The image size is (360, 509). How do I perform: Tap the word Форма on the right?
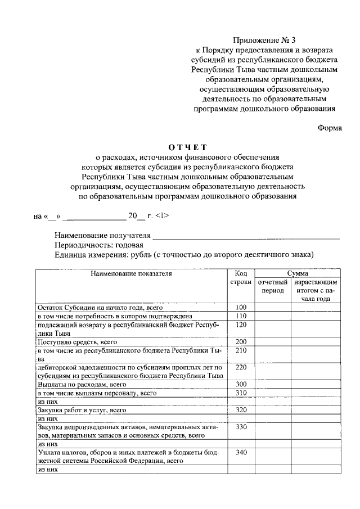(330, 128)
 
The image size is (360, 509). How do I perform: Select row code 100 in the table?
(241, 308)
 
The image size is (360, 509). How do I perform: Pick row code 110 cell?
(241, 316)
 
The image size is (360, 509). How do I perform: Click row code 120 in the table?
(241, 325)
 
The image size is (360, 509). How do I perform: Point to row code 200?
(241, 342)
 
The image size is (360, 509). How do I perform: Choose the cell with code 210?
(241, 351)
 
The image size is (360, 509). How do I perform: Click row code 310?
(241, 393)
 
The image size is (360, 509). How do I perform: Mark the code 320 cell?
(241, 411)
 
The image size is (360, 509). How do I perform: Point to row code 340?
(241, 453)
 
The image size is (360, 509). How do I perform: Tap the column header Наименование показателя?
(130, 274)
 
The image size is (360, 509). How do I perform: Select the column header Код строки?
(241, 277)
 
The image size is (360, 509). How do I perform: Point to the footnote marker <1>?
(160, 216)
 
